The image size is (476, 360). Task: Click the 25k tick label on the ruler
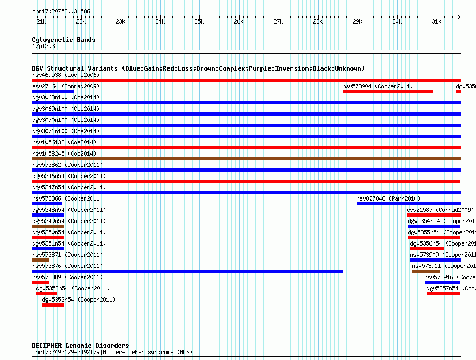point(199,21)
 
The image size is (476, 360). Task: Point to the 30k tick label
point(397,21)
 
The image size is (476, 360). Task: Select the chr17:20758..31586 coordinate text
point(61,11)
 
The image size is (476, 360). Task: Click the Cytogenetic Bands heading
point(63,40)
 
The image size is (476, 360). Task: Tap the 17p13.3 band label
point(43,47)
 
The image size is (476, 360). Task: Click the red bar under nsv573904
point(388,91)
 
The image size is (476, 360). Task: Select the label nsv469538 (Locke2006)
point(65,75)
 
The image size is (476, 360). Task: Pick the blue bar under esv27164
point(52,91)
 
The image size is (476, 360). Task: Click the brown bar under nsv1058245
point(246,159)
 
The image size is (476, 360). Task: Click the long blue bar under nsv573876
point(187,271)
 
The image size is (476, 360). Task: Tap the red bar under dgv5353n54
point(53,305)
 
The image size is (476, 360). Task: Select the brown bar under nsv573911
point(426,271)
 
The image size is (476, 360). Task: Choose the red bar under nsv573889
point(40,282)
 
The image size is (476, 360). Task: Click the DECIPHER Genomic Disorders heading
point(80,346)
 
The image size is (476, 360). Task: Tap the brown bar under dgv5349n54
point(48,226)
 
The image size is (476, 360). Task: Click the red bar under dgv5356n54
point(427,249)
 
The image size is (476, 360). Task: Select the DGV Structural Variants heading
point(198,68)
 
